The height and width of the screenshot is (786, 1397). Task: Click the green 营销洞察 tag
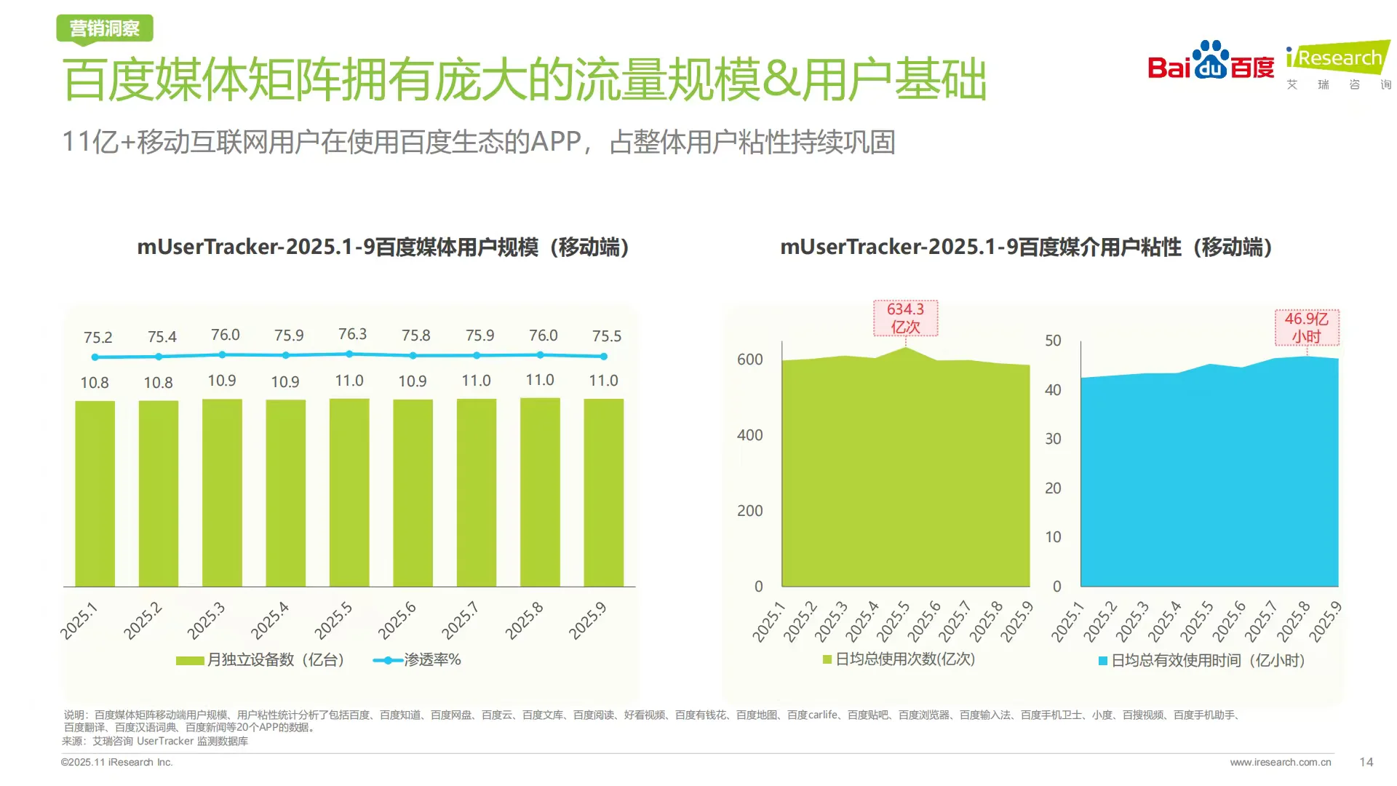pos(105,28)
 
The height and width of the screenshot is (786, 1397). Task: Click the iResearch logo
pos(1337,64)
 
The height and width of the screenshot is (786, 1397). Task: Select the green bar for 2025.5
pos(349,492)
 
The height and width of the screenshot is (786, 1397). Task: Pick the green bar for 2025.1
pos(95,493)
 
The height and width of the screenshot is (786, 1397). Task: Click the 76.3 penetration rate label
pos(352,334)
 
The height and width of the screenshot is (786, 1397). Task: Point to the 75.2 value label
pos(97,338)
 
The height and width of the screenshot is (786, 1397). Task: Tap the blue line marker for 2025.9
pos(604,357)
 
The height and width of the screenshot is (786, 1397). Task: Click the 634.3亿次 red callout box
pos(905,318)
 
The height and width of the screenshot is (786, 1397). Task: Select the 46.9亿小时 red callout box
pos(1306,327)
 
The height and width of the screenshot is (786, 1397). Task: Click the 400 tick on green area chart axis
pos(749,435)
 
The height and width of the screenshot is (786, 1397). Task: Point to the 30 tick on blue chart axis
pos(1053,439)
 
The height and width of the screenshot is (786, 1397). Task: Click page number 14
pos(1366,762)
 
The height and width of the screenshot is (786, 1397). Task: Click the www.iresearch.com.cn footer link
pos(1280,762)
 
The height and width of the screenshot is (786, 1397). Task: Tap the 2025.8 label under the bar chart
pos(525,621)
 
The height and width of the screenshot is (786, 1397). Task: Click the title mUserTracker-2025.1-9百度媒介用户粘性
pos(1026,247)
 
